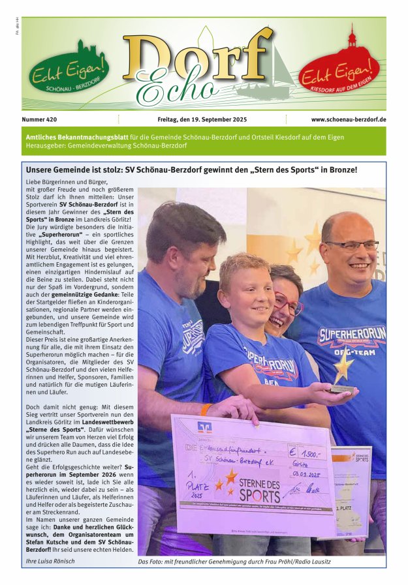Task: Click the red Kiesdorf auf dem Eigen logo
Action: tap(339, 69)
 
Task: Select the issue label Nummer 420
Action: tap(39, 119)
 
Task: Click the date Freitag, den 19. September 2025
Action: tap(202, 119)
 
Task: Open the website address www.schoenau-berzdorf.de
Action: tap(348, 119)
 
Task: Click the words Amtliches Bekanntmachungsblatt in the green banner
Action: tap(76, 136)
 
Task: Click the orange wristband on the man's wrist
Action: tap(206, 410)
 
